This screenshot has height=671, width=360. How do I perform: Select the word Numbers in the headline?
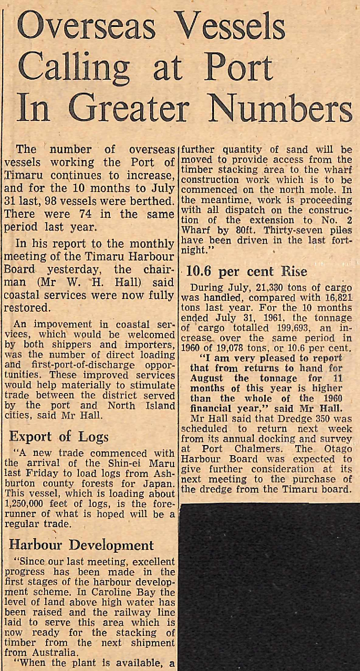tap(283, 110)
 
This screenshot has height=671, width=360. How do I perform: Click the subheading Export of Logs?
tap(59, 436)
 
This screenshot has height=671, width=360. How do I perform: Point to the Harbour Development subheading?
tap(81, 545)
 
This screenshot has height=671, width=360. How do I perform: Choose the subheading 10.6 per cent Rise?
tap(247, 272)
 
